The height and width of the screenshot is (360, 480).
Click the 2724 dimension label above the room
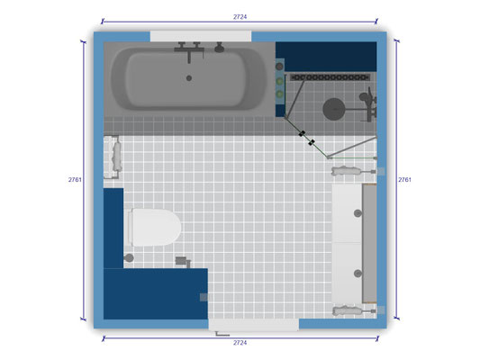[240, 17]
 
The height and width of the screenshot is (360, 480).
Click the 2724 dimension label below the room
[240, 343]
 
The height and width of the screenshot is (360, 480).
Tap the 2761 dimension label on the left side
[75, 179]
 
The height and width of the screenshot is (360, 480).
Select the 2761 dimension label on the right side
[404, 179]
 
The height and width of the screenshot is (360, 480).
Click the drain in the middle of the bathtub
[189, 78]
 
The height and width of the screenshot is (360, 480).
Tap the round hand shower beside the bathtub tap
[219, 48]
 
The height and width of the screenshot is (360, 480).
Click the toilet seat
[156, 228]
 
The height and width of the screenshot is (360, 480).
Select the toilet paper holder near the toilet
[183, 262]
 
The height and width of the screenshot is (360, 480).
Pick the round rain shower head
[334, 109]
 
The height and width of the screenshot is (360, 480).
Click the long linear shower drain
[330, 77]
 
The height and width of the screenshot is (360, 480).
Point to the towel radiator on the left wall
[112, 157]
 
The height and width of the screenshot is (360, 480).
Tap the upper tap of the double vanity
[358, 213]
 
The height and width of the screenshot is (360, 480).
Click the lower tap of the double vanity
[358, 273]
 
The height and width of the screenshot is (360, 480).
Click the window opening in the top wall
[201, 36]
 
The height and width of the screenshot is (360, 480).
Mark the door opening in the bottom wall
[254, 325]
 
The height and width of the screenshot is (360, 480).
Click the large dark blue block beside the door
[156, 294]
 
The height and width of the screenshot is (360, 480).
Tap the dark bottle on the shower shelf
[279, 67]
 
